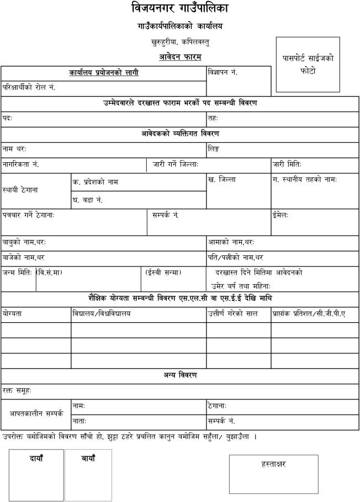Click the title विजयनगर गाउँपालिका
point(180,9)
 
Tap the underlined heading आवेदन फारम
point(180,57)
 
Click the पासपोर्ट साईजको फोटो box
point(308,65)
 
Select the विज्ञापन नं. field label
point(223,72)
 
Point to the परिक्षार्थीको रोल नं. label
point(29,88)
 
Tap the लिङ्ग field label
point(214,149)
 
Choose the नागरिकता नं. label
point(20,165)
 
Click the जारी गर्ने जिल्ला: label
point(175,165)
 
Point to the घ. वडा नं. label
point(88,200)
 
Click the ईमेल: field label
point(280,215)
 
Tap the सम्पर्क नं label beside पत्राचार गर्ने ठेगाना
point(165,215)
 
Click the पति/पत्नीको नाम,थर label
point(236,257)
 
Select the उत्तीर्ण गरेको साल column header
point(233,314)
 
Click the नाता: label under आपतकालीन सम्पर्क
point(79,421)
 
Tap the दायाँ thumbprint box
point(36,474)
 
